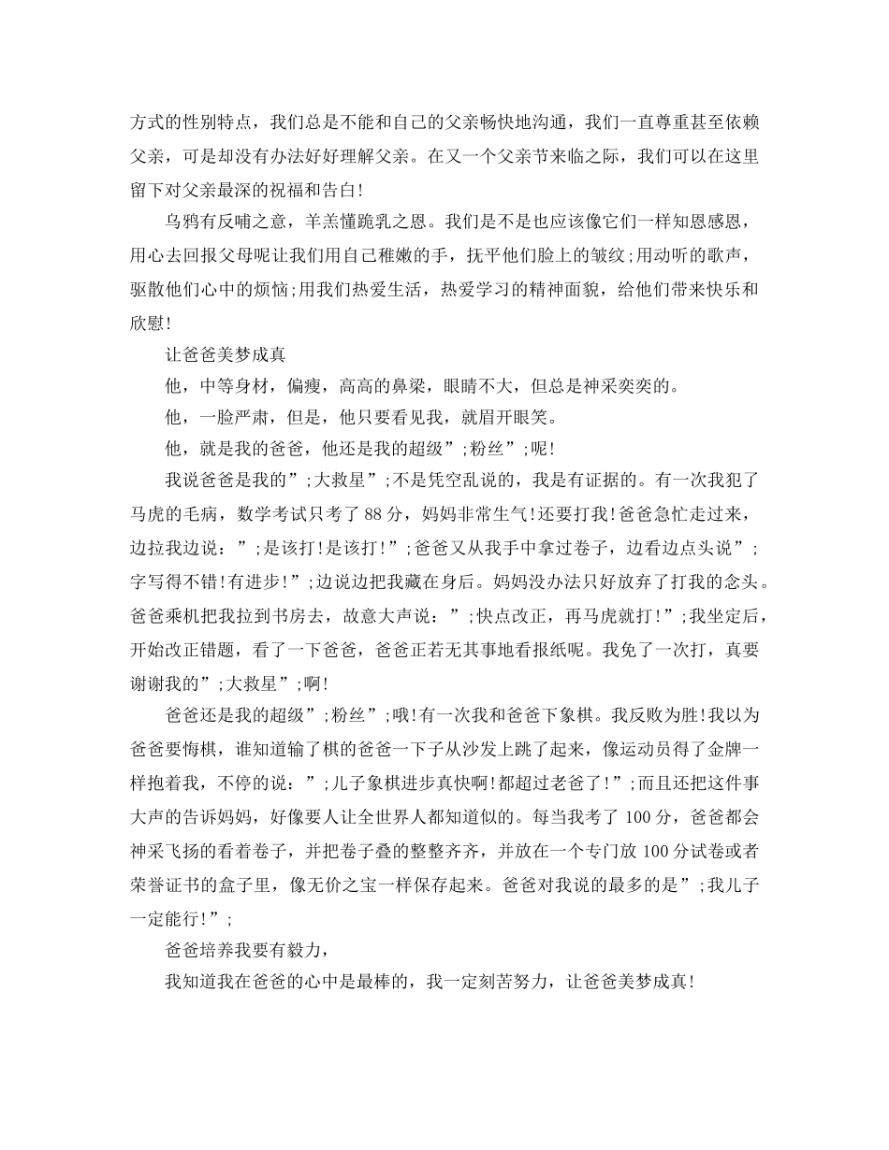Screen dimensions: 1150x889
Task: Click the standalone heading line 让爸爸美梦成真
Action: (x=225, y=354)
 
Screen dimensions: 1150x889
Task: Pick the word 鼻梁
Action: (x=403, y=387)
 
